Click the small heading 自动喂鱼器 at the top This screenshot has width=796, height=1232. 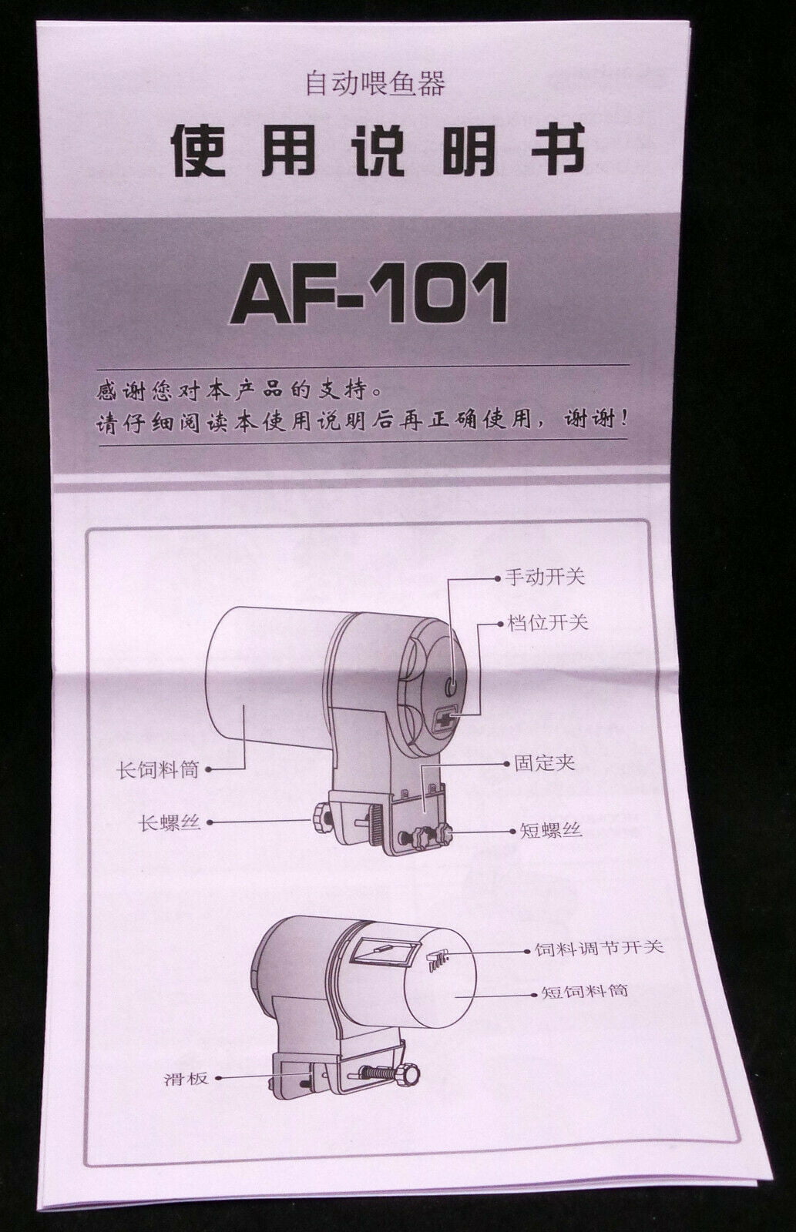(375, 83)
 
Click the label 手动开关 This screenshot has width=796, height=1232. (546, 577)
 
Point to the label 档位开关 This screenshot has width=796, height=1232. (548, 622)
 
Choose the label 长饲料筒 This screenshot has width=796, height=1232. (157, 768)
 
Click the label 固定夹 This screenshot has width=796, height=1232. (545, 764)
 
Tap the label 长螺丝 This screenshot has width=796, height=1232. (170, 822)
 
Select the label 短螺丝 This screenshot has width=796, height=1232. (550, 830)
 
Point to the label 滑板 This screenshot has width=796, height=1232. (185, 1079)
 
